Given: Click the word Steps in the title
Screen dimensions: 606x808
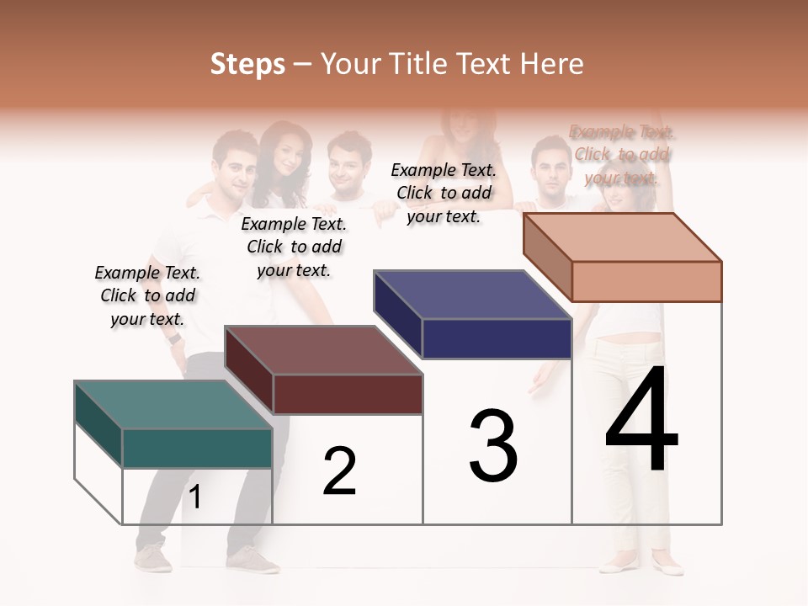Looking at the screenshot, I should pos(247,64).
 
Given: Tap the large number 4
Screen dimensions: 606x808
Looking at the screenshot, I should pos(641,421).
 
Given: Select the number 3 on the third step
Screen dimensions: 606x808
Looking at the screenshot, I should pos(493,446).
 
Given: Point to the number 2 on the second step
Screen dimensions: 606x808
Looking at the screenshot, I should pos(339,471).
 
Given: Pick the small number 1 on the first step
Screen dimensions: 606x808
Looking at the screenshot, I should pos(194,497).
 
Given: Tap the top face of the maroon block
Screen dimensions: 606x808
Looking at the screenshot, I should pos(323,350).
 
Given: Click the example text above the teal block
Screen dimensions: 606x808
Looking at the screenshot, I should pos(147,295).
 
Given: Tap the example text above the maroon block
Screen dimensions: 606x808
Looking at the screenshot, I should pos(294,247).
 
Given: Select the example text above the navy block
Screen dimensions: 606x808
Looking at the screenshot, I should pos(444,193).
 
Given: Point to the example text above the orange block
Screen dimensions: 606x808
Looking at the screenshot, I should pos(622,155).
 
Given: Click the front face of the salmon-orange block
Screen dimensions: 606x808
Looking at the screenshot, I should pos(646,281).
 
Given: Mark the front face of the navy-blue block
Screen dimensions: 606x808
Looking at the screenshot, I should pos(497,338).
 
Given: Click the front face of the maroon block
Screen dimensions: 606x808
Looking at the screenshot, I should pos(348,394).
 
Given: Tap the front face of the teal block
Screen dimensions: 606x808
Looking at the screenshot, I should pos(197,448).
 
